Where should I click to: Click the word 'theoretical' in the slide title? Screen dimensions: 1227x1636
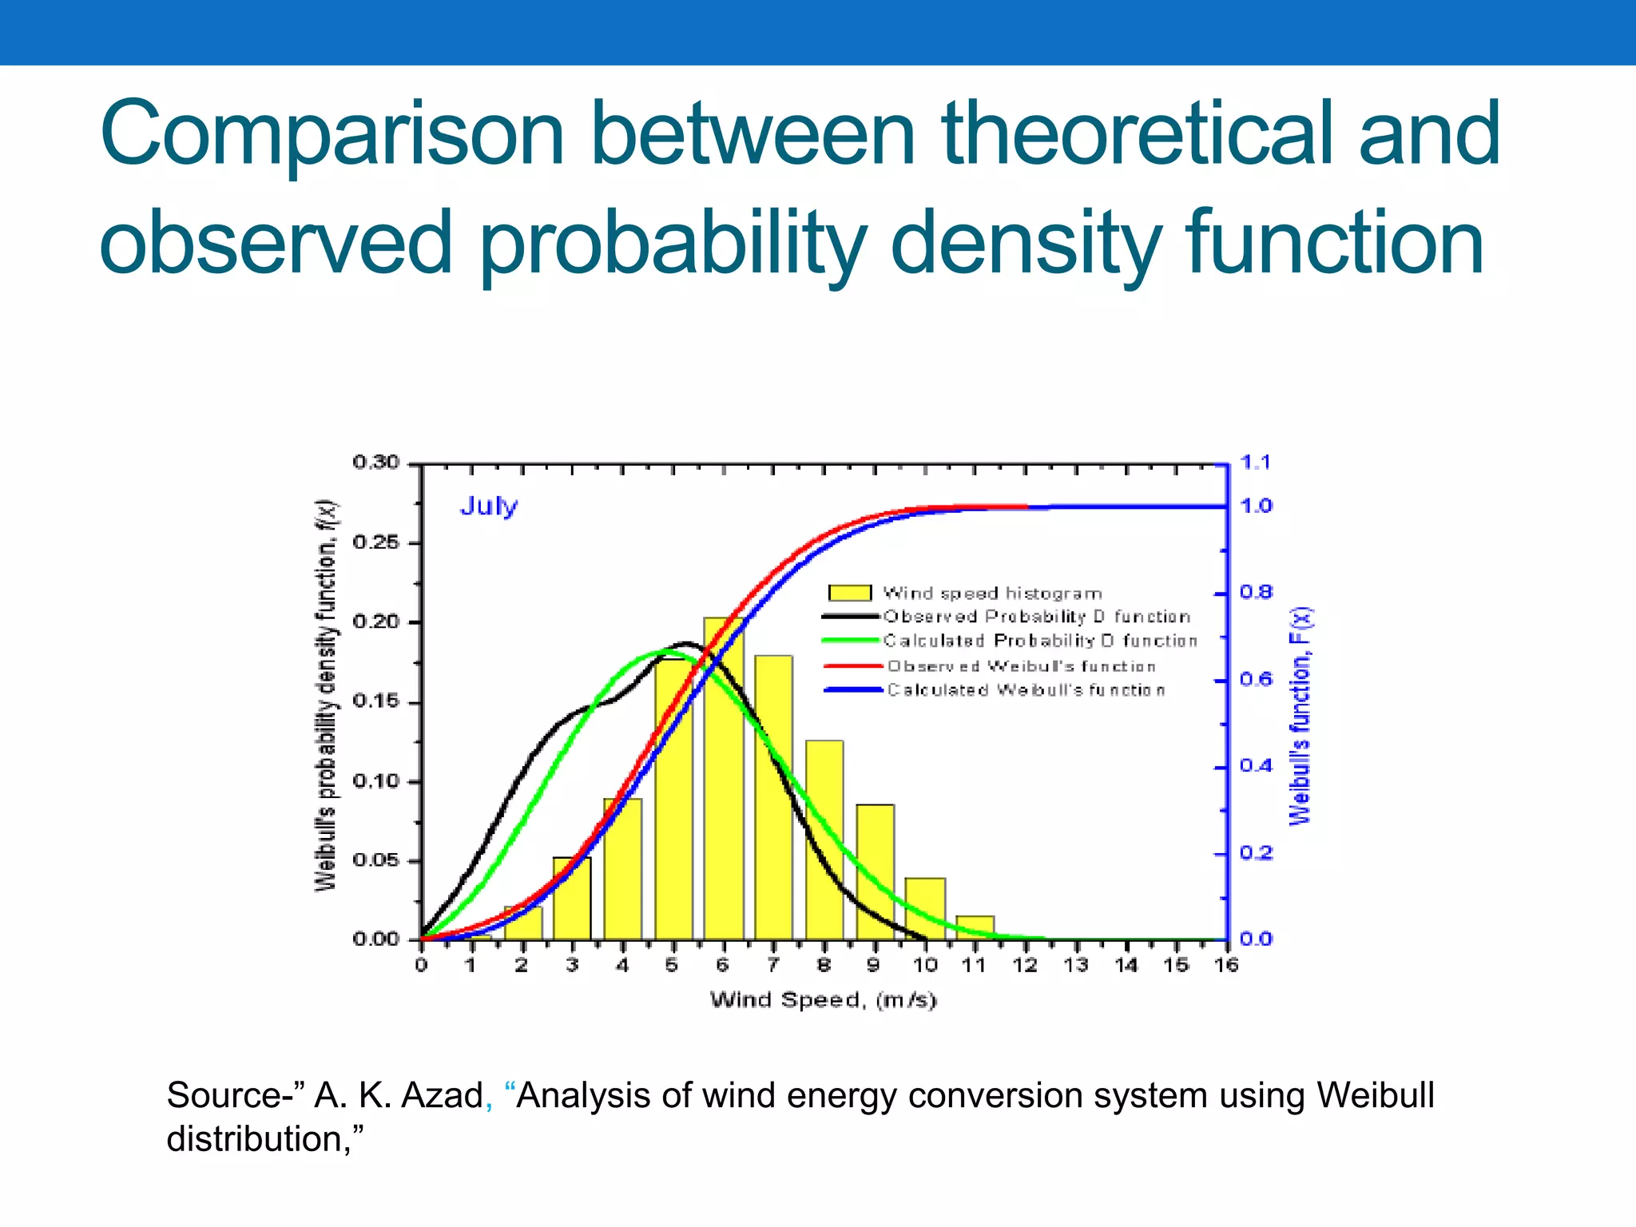pos(1138,134)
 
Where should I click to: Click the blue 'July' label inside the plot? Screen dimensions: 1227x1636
pos(488,506)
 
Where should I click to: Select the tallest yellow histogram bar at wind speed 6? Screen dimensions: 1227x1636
pos(723,779)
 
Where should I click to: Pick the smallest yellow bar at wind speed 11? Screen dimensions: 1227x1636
pos(975,927)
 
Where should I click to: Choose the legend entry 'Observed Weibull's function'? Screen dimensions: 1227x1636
pos(1021,666)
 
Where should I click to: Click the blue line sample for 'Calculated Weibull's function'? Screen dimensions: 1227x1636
pos(852,690)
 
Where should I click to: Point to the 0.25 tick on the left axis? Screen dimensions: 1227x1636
pos(375,543)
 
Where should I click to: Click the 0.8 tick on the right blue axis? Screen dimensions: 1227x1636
pos(1255,593)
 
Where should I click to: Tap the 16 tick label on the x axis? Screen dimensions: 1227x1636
pos(1226,966)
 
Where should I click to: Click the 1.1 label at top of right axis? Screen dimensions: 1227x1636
pos(1255,463)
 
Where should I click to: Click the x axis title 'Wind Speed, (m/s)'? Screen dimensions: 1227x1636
pos(823,1000)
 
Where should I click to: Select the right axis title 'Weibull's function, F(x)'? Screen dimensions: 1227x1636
pos(1300,717)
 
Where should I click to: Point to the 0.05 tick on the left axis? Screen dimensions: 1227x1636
pos(375,861)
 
